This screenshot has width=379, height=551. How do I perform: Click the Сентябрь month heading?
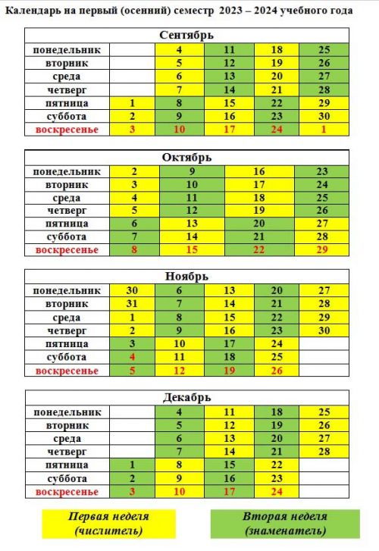[186, 35]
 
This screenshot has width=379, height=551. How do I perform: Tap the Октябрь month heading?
[186, 157]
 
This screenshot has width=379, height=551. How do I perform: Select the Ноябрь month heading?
[186, 277]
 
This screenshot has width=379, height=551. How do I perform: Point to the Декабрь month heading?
[186, 397]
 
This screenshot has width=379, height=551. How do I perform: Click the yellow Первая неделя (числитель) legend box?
[108, 524]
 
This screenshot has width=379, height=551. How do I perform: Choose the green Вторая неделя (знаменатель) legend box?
[285, 524]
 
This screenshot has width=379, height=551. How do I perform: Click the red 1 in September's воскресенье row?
[324, 130]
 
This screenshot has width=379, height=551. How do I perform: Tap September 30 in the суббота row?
[324, 116]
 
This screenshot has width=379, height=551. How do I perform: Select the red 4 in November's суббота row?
[132, 357]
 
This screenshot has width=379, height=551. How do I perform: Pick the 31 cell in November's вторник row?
[132, 304]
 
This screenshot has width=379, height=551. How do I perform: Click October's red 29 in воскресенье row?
[322, 250]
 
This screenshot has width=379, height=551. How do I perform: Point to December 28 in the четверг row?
[324, 452]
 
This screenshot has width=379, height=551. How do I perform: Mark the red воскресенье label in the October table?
[67, 250]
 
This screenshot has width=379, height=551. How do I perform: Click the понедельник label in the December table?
[67, 412]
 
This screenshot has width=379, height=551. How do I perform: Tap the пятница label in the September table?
[67, 103]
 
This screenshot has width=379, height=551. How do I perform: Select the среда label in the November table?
[67, 318]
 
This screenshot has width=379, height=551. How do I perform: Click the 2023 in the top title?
[231, 11]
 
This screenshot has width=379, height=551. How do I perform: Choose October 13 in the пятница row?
[192, 224]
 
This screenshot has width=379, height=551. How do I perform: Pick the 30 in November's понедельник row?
[132, 290]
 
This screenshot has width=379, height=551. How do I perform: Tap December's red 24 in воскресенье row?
[277, 492]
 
